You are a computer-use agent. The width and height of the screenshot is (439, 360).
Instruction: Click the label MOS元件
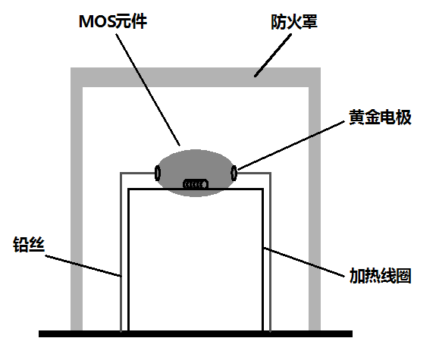tap(113, 21)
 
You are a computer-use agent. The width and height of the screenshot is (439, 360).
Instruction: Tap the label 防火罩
tap(294, 22)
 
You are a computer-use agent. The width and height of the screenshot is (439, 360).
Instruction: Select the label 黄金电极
tap(380, 117)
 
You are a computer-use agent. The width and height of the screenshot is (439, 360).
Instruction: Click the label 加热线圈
tap(380, 276)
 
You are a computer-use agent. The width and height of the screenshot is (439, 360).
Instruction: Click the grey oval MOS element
tap(196, 173)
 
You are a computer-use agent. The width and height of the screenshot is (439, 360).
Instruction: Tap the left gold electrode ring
tap(158, 173)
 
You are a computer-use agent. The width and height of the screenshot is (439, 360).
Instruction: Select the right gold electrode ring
tap(234, 173)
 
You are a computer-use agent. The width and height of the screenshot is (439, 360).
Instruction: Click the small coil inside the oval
tap(196, 184)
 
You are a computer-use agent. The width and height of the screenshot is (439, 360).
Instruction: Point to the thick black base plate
tap(196, 333)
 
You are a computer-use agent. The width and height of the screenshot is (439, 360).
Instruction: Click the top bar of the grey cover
tap(196, 77)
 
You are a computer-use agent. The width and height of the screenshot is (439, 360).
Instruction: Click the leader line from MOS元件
tap(148, 89)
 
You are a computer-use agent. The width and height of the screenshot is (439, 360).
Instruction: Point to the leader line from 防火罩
tap(273, 55)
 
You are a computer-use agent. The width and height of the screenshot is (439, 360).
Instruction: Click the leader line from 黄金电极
tap(291, 146)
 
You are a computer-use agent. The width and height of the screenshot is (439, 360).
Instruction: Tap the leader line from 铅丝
tap(83, 266)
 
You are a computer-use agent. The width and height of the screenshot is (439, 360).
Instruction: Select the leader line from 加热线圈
tap(304, 262)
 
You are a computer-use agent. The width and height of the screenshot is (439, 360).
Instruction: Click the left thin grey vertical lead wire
tap(121, 252)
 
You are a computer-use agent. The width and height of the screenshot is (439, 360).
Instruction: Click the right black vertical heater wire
tap(262, 260)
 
